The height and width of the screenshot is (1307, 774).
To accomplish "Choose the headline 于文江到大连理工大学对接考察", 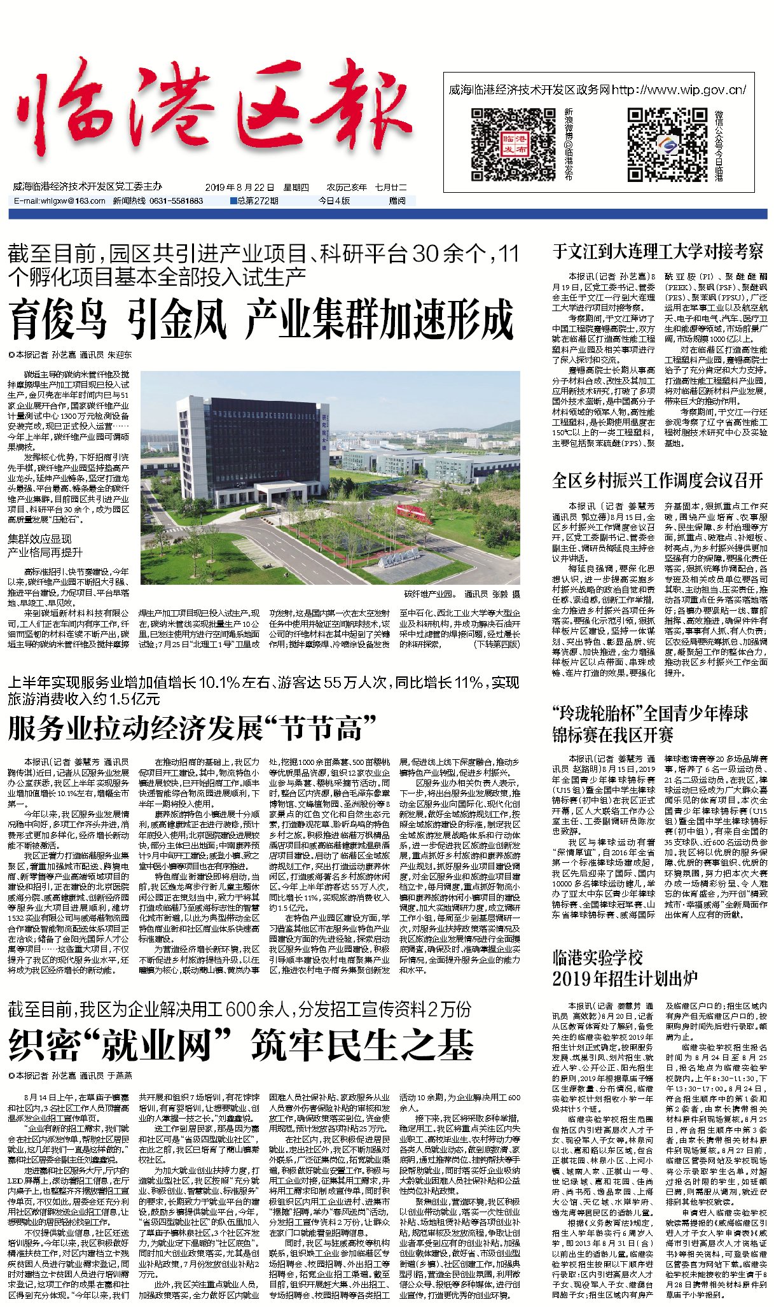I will click(658, 252).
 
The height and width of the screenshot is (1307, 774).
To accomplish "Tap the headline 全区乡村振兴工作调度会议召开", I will click(658, 480).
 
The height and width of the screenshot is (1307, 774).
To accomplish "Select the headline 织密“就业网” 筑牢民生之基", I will click(242, 1045).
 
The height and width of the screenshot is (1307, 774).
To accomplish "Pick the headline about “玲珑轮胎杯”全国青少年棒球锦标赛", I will click(650, 723).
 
